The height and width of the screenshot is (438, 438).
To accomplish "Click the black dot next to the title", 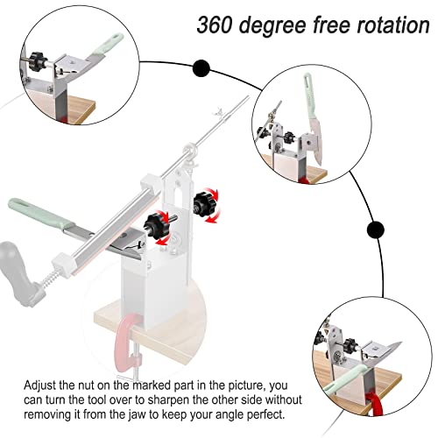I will [x=201, y=67].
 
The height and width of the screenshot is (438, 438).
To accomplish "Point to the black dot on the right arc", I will [x=375, y=230].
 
